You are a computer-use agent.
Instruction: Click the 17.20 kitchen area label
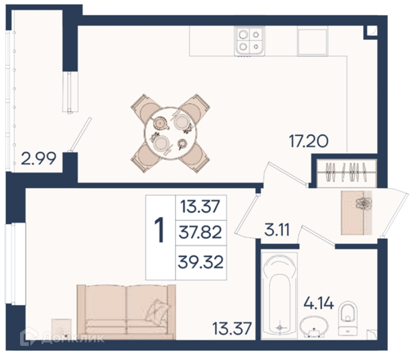[x=308, y=142]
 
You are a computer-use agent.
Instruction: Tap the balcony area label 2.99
[x=38, y=159]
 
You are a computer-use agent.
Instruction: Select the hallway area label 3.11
[x=277, y=229]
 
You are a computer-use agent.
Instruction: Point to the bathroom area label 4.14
[x=319, y=303]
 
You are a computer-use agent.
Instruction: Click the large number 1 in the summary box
[x=159, y=231]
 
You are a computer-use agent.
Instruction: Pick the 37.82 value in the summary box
[x=201, y=232]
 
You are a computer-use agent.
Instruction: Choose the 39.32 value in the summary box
[x=201, y=262]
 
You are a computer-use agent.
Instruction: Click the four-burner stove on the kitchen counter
[x=250, y=41]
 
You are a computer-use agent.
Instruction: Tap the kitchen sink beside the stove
[x=312, y=41]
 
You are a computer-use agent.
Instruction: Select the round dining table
[x=170, y=133]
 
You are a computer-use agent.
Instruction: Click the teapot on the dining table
[x=160, y=123]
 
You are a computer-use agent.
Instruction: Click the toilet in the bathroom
[x=348, y=319]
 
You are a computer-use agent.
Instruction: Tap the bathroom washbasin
[x=314, y=326]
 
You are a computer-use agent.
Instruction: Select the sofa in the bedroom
[x=126, y=312]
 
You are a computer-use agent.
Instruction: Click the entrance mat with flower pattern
[x=356, y=213]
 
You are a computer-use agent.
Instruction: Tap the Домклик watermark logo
[x=62, y=338]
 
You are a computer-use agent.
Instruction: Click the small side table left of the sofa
[x=62, y=328]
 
